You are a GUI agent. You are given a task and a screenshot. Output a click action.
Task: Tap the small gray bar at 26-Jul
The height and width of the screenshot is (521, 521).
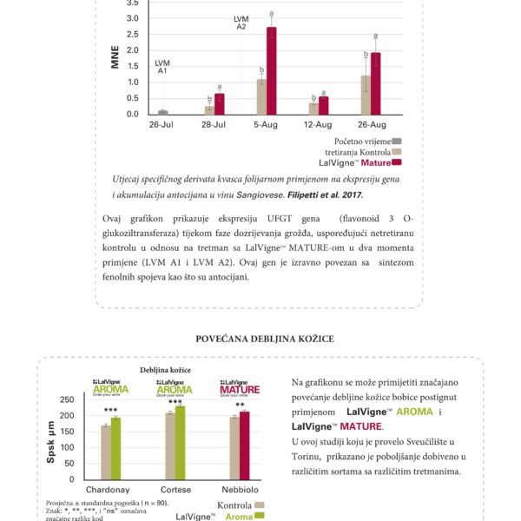coord(162,112)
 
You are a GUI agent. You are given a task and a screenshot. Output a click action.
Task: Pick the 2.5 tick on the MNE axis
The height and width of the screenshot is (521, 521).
coord(132,34)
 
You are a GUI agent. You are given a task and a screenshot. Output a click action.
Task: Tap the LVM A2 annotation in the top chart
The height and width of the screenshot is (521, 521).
coord(242,23)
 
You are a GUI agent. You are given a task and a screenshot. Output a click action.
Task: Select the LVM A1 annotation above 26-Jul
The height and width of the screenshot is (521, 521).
coord(162,67)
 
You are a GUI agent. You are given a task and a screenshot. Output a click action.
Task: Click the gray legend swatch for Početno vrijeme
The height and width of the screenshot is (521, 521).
coord(397,141)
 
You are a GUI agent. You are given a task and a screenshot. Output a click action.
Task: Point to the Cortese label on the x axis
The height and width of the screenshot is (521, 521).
coord(175,491)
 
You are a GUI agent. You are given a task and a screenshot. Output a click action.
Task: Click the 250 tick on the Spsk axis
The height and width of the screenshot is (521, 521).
coord(67,399)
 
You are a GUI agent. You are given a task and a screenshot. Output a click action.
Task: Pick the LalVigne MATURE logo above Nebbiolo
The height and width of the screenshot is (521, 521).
coord(238,388)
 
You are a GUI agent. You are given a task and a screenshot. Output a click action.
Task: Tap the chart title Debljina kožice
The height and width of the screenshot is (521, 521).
coord(165,370)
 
